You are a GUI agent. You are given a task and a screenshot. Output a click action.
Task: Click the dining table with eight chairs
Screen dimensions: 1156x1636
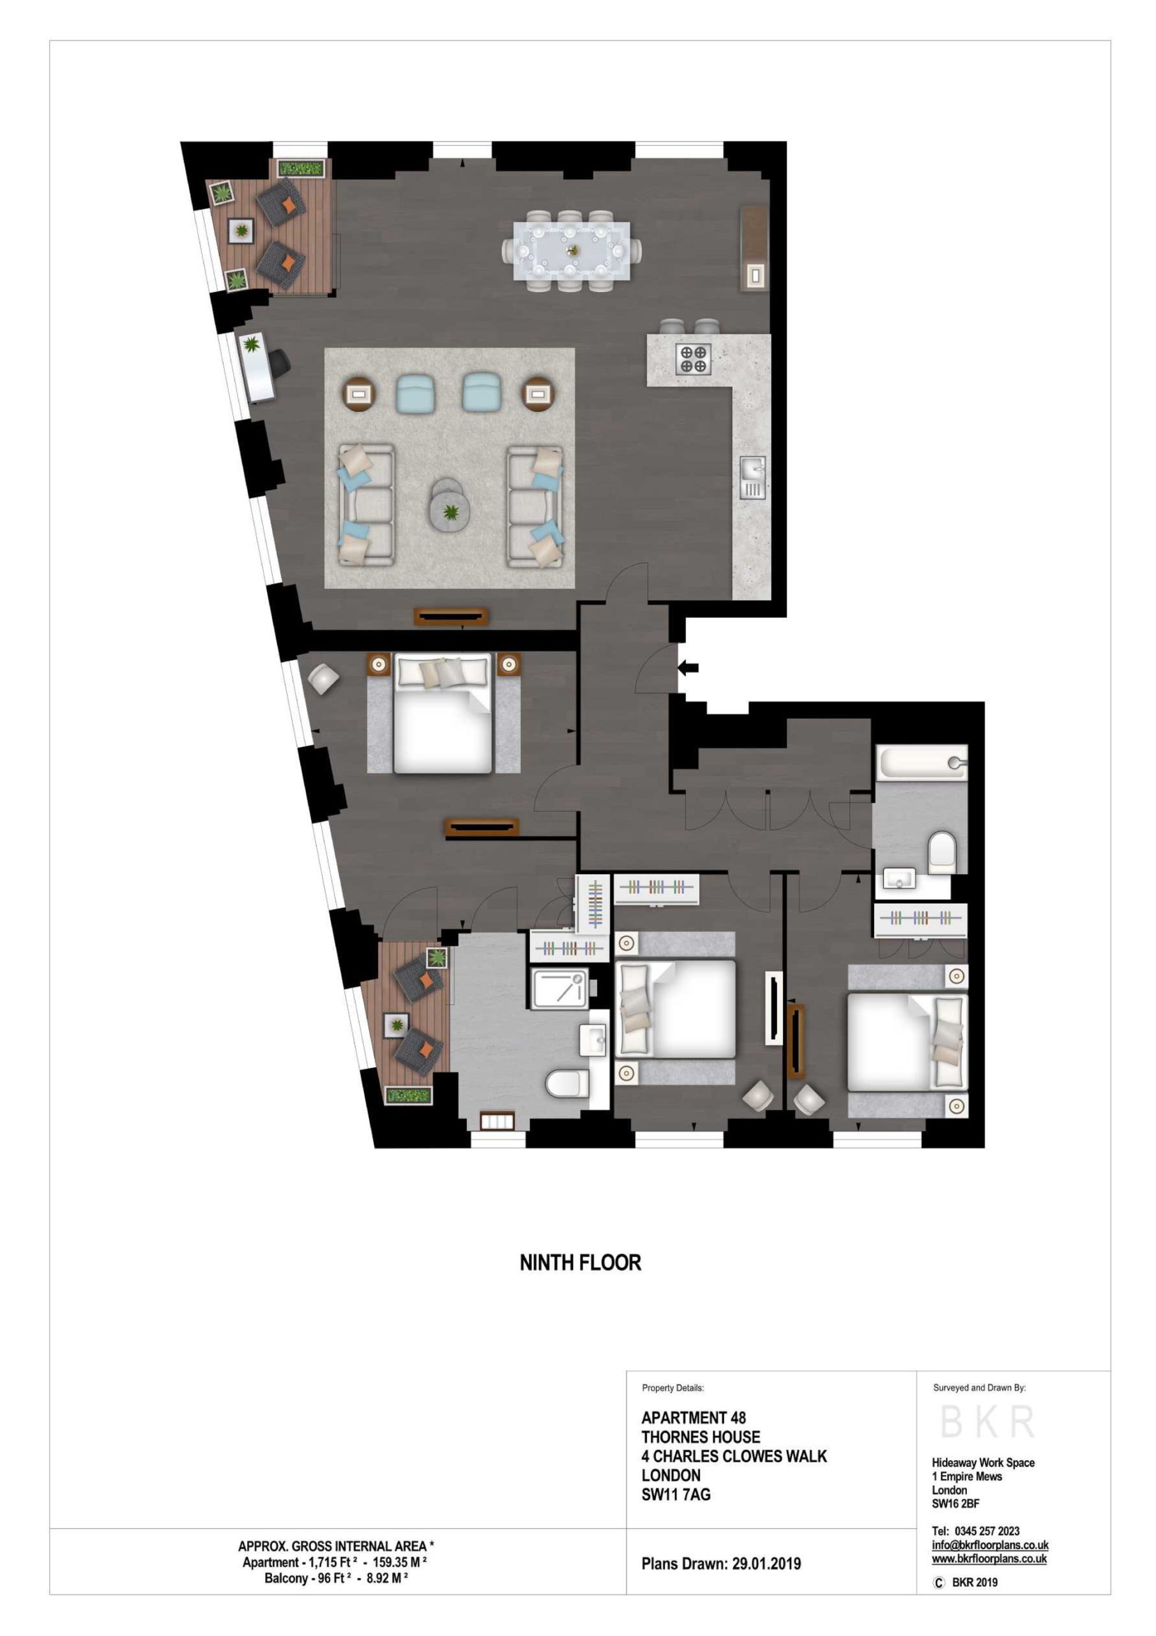click(x=571, y=251)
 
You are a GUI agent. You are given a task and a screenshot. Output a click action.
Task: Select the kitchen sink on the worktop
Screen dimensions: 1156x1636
click(x=752, y=477)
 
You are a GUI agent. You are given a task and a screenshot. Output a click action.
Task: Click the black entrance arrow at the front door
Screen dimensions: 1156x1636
click(x=688, y=668)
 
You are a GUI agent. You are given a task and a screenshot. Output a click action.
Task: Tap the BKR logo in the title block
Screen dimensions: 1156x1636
click(x=987, y=1421)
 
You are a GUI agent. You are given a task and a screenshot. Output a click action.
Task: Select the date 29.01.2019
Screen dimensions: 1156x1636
click(x=766, y=1564)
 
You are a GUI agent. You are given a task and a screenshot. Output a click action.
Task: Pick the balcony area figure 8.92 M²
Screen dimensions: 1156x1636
click(x=387, y=1578)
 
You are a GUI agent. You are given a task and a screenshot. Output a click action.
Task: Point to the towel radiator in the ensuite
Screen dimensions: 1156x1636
click(x=496, y=1122)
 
